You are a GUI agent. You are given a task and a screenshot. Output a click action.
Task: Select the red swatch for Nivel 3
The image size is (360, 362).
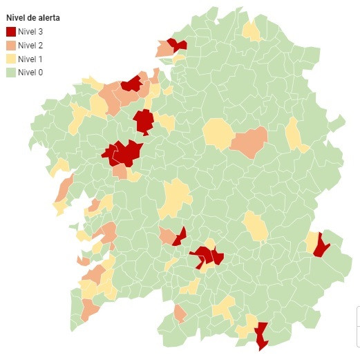click(x=11, y=32)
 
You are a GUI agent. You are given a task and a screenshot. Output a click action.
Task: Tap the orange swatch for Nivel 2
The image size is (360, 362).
click(x=11, y=45)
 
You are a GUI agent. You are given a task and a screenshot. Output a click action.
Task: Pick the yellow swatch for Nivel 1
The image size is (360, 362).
click(x=11, y=59)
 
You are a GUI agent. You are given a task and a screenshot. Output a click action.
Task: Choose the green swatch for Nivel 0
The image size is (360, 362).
click(x=11, y=72)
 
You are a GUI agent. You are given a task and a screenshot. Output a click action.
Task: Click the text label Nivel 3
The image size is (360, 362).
click(x=30, y=32)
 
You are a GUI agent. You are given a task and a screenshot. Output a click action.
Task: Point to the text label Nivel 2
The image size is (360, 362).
click(x=30, y=45)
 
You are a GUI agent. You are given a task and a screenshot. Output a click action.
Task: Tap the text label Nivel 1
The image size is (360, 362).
click(x=30, y=59)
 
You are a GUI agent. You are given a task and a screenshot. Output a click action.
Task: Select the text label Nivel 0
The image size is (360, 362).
click(x=30, y=72)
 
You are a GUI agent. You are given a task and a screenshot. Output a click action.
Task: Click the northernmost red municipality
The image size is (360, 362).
click(x=178, y=44)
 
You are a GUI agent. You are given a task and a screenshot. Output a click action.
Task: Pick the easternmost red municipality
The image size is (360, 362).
click(x=321, y=245)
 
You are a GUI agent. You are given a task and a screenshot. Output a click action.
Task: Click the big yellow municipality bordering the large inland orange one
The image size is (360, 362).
click(x=218, y=133)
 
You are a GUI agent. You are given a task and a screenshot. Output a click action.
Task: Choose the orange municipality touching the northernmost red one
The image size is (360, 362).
click(x=164, y=49)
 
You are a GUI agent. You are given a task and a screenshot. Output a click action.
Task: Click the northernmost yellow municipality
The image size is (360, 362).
click(x=252, y=30)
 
